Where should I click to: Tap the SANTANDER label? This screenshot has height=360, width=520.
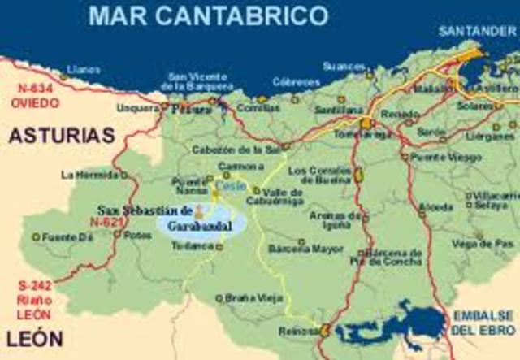(477, 32)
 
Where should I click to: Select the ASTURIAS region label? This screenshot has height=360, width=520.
(62, 136)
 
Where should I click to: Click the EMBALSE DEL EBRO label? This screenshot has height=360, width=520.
(485, 323)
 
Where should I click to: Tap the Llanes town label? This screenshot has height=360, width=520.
(85, 70)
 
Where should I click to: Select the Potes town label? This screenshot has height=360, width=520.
(140, 235)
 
